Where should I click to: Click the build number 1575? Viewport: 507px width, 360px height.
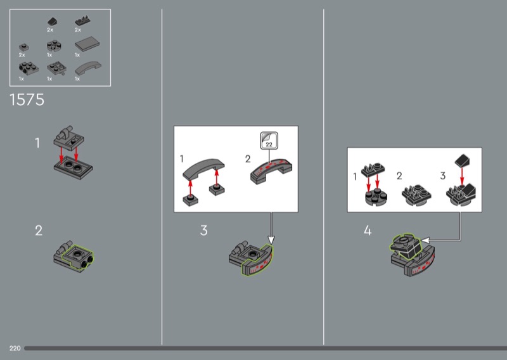click(27, 100)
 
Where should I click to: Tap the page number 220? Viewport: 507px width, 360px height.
click(15, 348)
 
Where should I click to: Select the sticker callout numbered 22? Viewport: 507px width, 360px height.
click(269, 140)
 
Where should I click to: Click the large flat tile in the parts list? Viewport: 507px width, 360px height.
click(87, 44)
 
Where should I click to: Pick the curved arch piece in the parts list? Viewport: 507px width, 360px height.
click(87, 68)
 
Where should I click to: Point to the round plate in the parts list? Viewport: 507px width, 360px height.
click(54, 46)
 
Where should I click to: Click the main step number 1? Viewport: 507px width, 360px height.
click(37, 143)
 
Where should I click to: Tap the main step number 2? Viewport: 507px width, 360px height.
click(39, 231)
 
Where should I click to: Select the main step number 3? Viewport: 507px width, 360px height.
click(203, 230)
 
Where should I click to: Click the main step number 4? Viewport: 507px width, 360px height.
click(368, 231)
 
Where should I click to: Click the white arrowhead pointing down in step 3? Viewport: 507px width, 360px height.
click(271, 240)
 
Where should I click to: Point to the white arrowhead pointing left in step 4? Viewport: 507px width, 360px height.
click(426, 240)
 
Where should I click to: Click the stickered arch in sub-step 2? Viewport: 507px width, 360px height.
click(271, 171)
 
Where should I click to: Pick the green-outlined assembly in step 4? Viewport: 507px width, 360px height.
click(406, 246)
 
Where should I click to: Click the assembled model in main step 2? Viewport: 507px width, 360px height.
click(74, 256)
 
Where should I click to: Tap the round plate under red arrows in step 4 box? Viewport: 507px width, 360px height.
click(376, 197)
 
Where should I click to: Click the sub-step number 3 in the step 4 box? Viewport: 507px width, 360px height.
click(443, 176)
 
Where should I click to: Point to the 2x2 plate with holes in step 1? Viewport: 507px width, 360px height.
click(73, 167)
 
